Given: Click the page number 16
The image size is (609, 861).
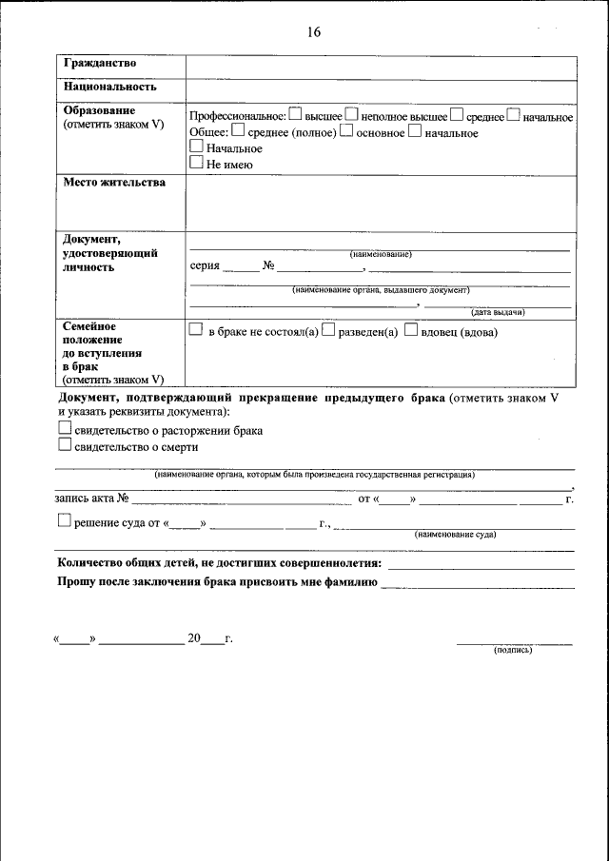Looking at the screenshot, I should [314, 32].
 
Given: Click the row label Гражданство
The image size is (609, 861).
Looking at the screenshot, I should [100, 63].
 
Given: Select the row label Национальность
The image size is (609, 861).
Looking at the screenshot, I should [110, 87].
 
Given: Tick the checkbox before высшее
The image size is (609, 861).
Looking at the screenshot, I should [295, 116].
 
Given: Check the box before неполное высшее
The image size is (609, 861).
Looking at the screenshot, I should [351, 116].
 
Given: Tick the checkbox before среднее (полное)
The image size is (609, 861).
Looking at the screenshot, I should [238, 131].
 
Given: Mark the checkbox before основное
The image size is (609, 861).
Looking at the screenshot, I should [347, 131].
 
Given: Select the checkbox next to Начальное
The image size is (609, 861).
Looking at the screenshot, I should [197, 147].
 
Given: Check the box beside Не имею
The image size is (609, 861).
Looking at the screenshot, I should [197, 163].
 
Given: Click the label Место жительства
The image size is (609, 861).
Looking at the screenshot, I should [114, 182].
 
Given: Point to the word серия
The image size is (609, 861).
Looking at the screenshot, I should [206, 266].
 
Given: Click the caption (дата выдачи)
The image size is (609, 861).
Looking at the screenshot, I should [499, 312].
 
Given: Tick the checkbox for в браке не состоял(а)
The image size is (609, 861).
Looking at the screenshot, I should [196, 331].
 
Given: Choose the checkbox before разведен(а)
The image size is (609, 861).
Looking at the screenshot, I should [327, 331].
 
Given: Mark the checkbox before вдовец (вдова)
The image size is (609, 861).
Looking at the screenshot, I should [411, 331].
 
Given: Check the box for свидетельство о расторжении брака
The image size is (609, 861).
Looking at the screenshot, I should [65, 430].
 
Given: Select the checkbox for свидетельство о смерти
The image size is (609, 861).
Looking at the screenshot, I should [65, 445].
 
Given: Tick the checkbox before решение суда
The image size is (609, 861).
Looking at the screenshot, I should [65, 520].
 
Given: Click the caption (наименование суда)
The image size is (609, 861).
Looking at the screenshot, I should [455, 535].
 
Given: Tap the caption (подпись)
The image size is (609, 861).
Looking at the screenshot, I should [513, 651].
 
